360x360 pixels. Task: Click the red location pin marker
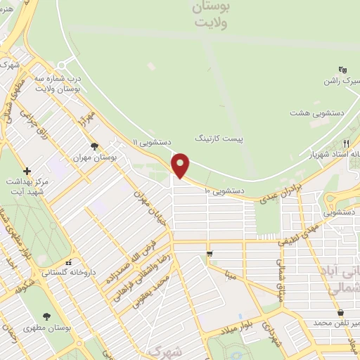[181, 165]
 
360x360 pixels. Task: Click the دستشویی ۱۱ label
[153, 143]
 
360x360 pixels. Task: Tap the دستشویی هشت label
[317, 112]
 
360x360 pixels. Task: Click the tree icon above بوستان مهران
[94, 146]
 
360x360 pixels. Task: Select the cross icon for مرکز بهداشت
[27, 171]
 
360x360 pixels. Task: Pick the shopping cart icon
[210, 253]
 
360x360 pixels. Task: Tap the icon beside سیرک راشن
[342, 70]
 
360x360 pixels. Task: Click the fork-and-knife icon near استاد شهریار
[346, 143]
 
